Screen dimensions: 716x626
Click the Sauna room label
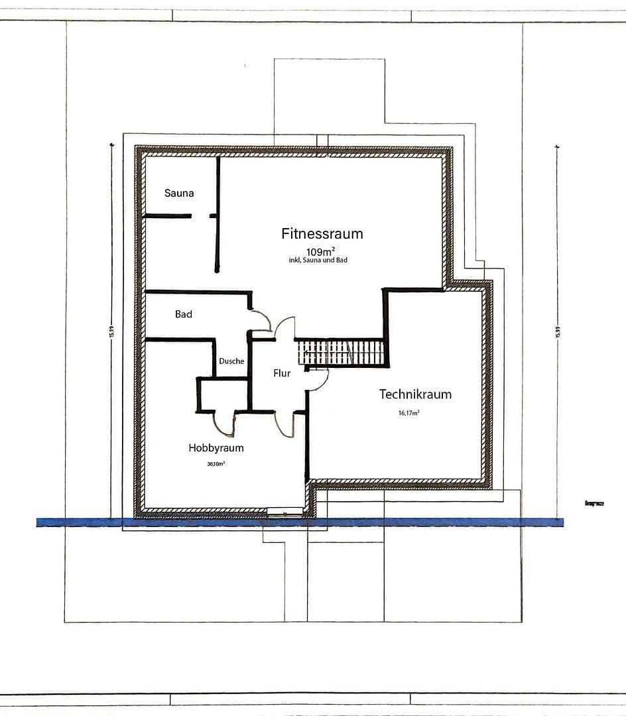pyautogui.click(x=179, y=193)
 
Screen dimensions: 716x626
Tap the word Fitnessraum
pyautogui.click(x=322, y=233)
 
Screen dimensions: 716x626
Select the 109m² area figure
pyautogui.click(x=320, y=251)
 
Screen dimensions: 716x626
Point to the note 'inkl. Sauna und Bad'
pyautogui.click(x=318, y=261)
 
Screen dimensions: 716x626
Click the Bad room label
pyautogui.click(x=184, y=314)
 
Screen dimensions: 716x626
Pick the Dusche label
pyautogui.click(x=231, y=361)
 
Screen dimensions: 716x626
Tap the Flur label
pyautogui.click(x=282, y=373)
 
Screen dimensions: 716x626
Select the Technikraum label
pyautogui.click(x=415, y=394)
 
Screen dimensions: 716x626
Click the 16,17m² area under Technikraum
pyautogui.click(x=408, y=412)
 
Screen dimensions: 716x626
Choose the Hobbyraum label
pyautogui.click(x=216, y=447)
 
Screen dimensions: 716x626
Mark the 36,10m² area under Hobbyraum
pyautogui.click(x=216, y=464)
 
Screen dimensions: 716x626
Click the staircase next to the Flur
pyautogui.click(x=341, y=352)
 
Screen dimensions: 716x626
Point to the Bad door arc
pyautogui.click(x=261, y=320)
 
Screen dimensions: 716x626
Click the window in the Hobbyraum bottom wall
pyautogui.click(x=284, y=511)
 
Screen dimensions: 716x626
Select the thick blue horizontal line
pyautogui.click(x=298, y=522)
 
